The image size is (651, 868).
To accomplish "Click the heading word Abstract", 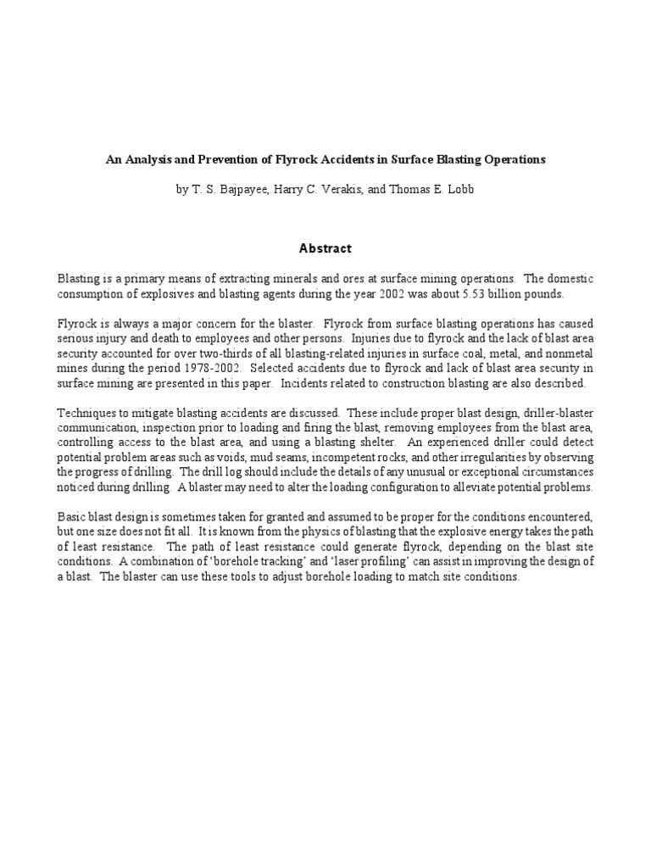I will pos(325,248).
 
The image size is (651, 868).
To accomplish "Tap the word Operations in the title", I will pos(512,159).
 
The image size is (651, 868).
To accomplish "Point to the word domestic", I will pos(568,278).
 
